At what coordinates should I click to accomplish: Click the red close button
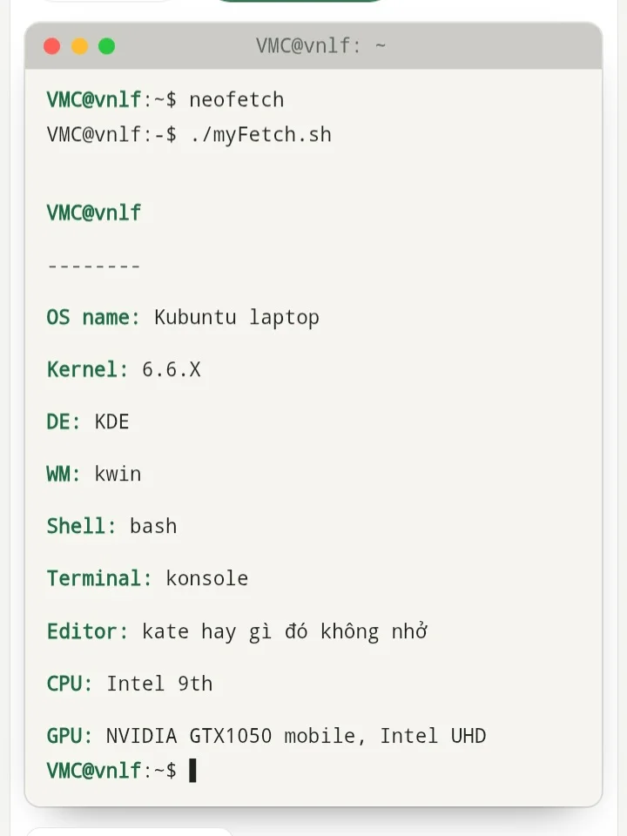51,46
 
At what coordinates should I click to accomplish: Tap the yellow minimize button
79,46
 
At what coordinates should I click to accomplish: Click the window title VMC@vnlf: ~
320,46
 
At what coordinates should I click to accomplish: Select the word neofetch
236,99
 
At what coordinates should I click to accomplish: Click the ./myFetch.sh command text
260,135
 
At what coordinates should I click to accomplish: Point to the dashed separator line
94,265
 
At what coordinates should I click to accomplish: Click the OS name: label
93,317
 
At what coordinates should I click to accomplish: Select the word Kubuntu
195,317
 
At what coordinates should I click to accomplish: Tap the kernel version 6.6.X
172,369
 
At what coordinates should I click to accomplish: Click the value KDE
112,421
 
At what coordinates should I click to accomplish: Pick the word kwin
118,474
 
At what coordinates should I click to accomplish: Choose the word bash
153,526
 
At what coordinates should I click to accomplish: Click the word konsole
207,578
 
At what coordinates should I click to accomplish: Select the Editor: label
87,631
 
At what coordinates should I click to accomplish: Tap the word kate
165,631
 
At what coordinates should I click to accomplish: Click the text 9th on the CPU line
195,684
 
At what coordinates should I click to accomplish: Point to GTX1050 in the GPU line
230,736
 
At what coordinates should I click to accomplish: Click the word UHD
469,736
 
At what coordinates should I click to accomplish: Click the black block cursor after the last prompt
193,771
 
